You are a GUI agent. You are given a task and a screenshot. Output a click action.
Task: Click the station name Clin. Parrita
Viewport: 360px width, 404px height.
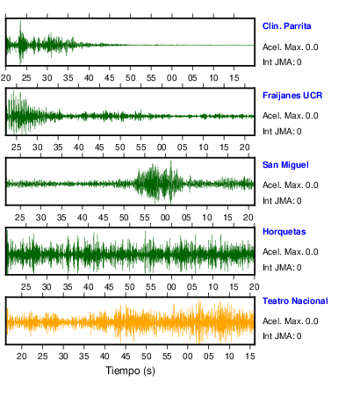[286, 26]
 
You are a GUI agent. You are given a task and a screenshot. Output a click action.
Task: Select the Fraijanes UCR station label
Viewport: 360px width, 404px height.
[292, 96]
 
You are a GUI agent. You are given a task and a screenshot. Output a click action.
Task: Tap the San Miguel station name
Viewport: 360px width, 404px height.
[285, 165]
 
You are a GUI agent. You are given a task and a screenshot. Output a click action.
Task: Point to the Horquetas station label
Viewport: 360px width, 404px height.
[284, 232]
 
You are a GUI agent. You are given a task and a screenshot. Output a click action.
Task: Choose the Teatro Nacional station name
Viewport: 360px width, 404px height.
[295, 301]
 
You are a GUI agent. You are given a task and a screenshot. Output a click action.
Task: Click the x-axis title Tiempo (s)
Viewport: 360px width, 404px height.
[130, 371]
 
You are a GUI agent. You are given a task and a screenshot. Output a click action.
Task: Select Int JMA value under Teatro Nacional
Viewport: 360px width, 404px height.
[282, 336]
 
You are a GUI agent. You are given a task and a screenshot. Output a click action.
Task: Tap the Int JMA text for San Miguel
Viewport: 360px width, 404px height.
[282, 201]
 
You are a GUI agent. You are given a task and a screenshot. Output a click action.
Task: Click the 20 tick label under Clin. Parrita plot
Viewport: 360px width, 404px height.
[5, 78]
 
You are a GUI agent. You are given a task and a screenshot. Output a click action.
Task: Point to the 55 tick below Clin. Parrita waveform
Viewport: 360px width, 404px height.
[151, 78]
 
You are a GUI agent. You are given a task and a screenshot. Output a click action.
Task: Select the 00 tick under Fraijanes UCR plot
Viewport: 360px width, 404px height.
[162, 148]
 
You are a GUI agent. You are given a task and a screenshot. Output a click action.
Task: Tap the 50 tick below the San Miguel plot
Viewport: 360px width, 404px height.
[124, 218]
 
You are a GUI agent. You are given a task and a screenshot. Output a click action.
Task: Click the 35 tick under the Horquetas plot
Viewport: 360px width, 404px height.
[68, 287]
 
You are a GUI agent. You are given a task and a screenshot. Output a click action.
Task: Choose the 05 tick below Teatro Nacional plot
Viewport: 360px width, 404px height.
[208, 357]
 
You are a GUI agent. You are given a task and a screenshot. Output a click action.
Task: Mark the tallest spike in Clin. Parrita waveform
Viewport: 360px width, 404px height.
[20, 21]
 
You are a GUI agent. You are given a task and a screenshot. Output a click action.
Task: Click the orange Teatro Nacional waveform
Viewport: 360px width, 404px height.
[130, 321]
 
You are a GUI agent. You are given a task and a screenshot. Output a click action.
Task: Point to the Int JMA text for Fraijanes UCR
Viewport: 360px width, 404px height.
[282, 132]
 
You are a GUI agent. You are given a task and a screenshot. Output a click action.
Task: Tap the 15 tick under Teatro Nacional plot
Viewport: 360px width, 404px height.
[250, 357]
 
